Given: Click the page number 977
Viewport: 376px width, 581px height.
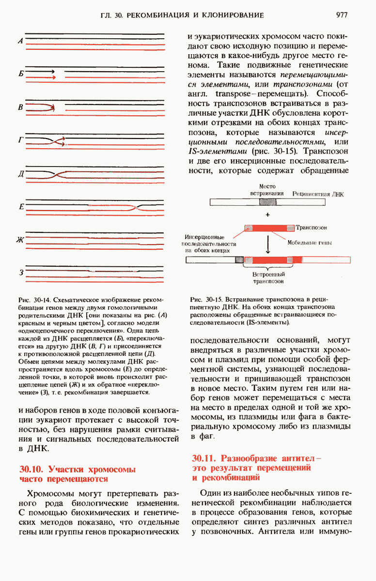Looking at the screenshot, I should point(341,15).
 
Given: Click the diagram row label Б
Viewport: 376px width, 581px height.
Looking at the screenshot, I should point(20,74).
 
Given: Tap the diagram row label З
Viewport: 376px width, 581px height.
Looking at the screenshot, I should point(21,273).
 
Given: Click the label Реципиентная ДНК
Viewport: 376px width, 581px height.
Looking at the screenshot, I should point(318,193).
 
